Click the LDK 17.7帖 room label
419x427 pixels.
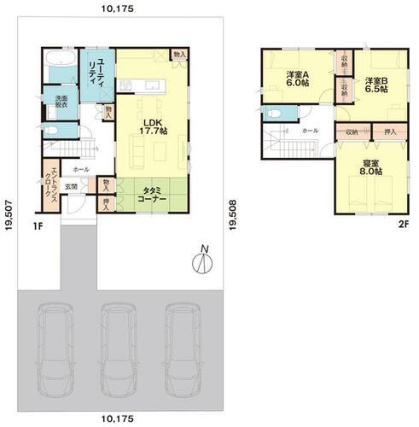154,124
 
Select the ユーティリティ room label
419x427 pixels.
98,70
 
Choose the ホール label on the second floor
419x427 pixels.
311,131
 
